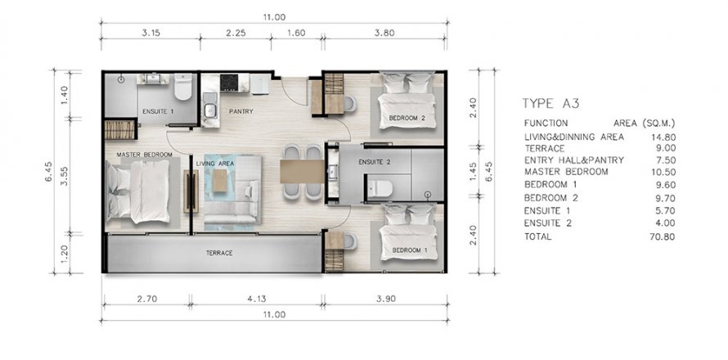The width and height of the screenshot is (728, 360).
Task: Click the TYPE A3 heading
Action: click(x=550, y=103)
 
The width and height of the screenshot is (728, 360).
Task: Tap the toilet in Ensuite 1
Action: click(x=183, y=87)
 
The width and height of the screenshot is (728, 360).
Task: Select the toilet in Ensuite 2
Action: click(x=380, y=189)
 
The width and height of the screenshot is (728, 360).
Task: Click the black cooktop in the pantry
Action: click(x=229, y=83)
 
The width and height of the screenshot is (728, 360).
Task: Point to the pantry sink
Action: click(x=210, y=110)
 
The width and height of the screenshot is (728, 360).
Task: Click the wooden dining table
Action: click(x=303, y=172)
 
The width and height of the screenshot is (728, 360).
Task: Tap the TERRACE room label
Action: click(x=219, y=253)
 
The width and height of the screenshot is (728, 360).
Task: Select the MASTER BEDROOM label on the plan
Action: click(x=145, y=154)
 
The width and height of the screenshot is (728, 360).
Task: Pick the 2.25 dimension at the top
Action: click(x=236, y=33)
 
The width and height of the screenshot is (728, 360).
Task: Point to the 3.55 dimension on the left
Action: click(x=65, y=177)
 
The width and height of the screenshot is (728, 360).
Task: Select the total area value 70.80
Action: click(x=663, y=237)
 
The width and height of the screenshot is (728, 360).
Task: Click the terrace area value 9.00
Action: click(x=665, y=149)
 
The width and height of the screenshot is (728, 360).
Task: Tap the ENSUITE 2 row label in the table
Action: click(x=548, y=223)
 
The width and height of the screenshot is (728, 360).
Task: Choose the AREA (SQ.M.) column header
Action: click(x=644, y=124)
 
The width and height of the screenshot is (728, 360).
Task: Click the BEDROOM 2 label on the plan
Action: click(x=407, y=118)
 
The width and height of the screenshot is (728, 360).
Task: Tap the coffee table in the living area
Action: click(x=220, y=180)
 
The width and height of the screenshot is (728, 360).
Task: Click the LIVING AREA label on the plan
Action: click(x=215, y=164)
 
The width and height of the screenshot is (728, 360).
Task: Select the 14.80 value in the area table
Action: click(x=663, y=137)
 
